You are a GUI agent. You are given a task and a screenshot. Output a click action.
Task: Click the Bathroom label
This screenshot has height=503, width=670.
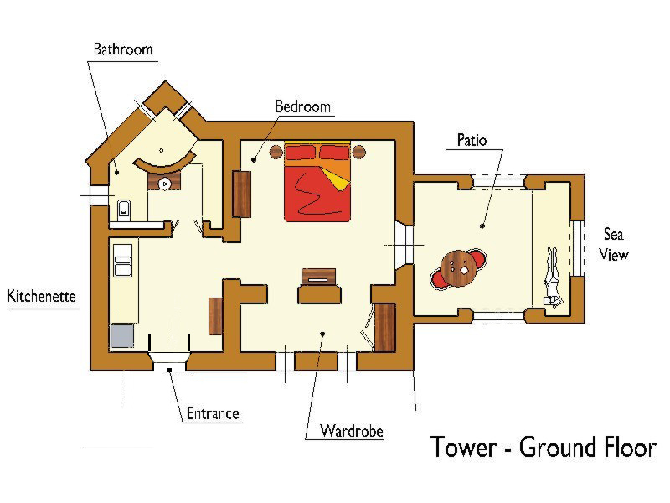[x=123, y=49]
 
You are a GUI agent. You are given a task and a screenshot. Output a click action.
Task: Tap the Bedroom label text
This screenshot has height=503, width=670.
[x=303, y=106]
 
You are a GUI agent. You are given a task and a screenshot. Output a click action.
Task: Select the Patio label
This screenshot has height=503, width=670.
[x=472, y=140]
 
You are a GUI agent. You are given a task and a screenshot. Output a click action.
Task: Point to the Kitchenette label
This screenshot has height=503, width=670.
[x=41, y=296]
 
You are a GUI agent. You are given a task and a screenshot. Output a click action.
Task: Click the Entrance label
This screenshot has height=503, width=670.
[x=213, y=413]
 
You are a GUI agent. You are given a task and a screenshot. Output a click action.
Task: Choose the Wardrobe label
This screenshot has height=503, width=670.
[x=351, y=431]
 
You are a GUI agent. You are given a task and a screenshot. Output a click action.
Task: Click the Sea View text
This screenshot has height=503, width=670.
[x=614, y=244]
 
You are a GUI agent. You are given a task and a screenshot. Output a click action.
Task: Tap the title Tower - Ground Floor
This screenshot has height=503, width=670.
[x=543, y=448]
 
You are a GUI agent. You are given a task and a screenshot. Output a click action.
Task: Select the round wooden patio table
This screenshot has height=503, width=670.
[x=458, y=268]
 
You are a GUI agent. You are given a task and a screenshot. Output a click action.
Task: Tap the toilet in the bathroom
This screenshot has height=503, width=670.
[x=124, y=210]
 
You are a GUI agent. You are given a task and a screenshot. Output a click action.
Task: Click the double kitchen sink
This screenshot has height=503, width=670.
[x=122, y=260]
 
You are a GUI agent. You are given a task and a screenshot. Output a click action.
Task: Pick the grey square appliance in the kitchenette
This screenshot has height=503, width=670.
[x=121, y=336]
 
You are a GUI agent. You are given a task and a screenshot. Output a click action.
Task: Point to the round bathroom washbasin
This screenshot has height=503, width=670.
[x=164, y=184]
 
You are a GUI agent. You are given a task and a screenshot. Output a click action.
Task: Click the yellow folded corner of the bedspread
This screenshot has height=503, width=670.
[x=336, y=179]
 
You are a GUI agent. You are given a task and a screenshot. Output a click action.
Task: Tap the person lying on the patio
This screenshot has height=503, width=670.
[x=552, y=277]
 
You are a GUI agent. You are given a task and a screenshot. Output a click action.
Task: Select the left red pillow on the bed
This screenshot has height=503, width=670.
[x=301, y=153]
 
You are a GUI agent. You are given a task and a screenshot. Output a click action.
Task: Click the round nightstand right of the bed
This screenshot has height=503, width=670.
[x=358, y=152]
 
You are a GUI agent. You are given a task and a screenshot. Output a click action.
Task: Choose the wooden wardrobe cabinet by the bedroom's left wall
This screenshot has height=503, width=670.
[x=241, y=194]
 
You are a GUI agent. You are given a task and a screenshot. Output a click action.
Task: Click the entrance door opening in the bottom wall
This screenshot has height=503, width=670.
[x=170, y=361]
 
